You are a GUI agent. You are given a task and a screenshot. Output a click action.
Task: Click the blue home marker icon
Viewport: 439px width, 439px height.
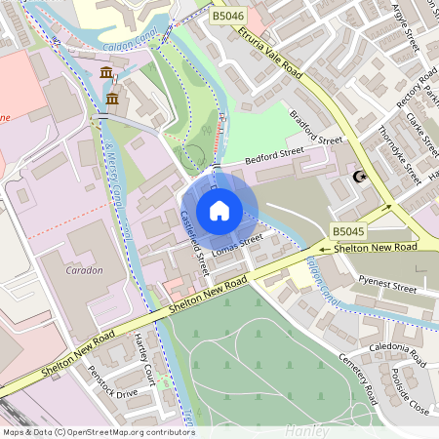(219, 210)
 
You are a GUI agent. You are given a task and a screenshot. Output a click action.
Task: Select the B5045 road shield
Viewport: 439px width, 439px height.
(347, 231)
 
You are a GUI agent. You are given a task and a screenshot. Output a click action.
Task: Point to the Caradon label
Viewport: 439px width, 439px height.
(85, 270)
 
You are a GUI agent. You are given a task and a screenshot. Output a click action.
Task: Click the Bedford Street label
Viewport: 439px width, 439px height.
(254, 156)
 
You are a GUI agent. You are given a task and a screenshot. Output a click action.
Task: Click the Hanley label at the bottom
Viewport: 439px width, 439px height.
(307, 429)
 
